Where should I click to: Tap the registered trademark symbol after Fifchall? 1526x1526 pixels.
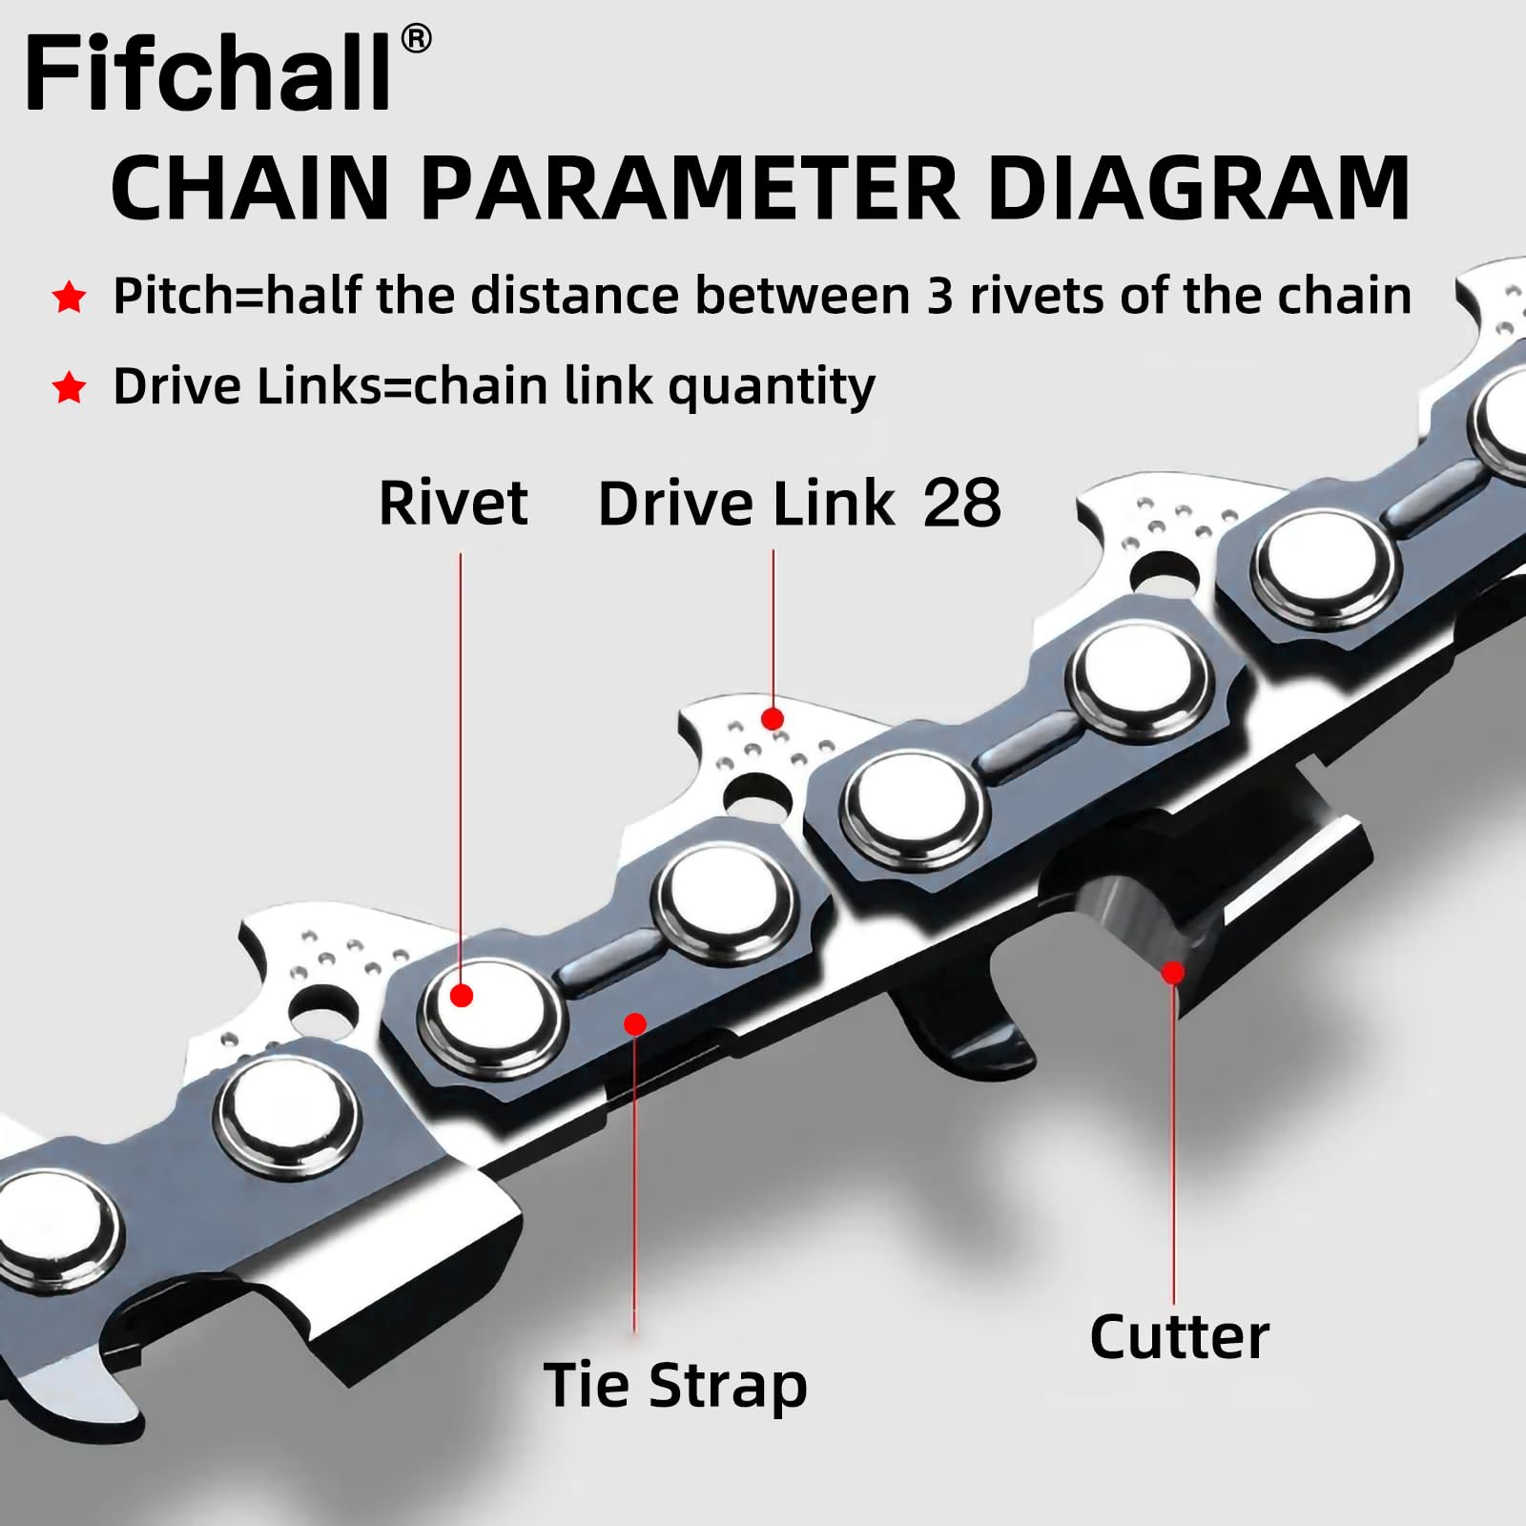coord(416,39)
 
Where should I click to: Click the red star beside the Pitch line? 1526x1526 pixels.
coord(69,298)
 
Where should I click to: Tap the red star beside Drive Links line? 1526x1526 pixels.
coord(69,388)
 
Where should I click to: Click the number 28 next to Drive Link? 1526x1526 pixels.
coord(961,503)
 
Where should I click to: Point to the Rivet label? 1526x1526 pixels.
coord(453,503)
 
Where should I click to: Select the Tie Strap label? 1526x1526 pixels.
coord(675,1385)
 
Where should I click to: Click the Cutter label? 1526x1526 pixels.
coord(1179,1336)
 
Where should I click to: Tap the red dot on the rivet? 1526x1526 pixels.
coord(462,996)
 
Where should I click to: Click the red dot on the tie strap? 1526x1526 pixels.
coord(635,1024)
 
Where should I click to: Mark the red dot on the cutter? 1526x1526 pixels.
coord(1174,973)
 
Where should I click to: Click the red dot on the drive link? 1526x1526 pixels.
coord(773,718)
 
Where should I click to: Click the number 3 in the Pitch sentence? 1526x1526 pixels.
coord(939,296)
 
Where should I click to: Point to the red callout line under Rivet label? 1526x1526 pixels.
coord(461,763)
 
